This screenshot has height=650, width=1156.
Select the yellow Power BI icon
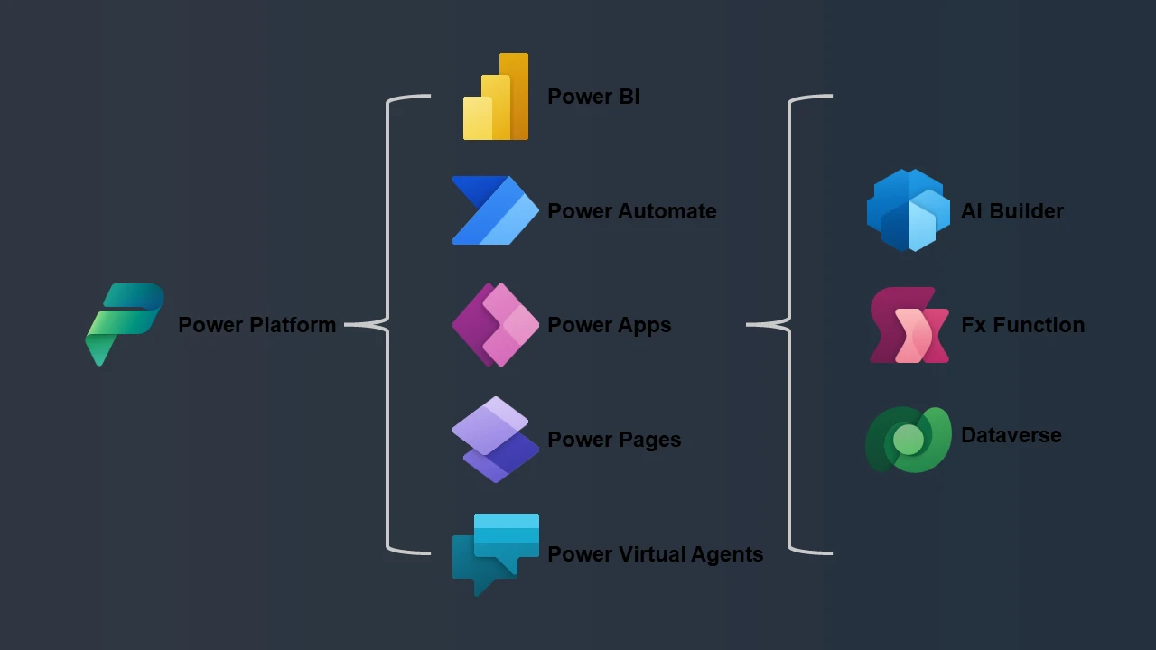coord(496,97)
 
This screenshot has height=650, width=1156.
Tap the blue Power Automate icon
coord(496,210)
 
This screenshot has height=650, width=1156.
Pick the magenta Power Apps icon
coord(496,325)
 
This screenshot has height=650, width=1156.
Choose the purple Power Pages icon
coord(496,440)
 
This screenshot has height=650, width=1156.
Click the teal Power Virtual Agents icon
coord(496,554)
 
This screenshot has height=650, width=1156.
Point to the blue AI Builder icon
coord(909,210)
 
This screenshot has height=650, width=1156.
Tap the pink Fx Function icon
coord(909,325)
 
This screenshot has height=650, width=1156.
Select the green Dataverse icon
coord(909,440)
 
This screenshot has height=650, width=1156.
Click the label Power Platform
coord(257,325)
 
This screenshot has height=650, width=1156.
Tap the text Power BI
coord(593,97)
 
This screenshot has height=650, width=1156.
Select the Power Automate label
coord(631,211)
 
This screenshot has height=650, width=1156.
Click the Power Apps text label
coord(609,326)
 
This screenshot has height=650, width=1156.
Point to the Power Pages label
coord(614,440)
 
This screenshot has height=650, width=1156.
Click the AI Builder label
coord(1012,211)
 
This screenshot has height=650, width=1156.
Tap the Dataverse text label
coord(1011,435)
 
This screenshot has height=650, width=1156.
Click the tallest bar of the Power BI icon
coord(515,97)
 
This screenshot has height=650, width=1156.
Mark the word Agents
coord(727,555)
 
